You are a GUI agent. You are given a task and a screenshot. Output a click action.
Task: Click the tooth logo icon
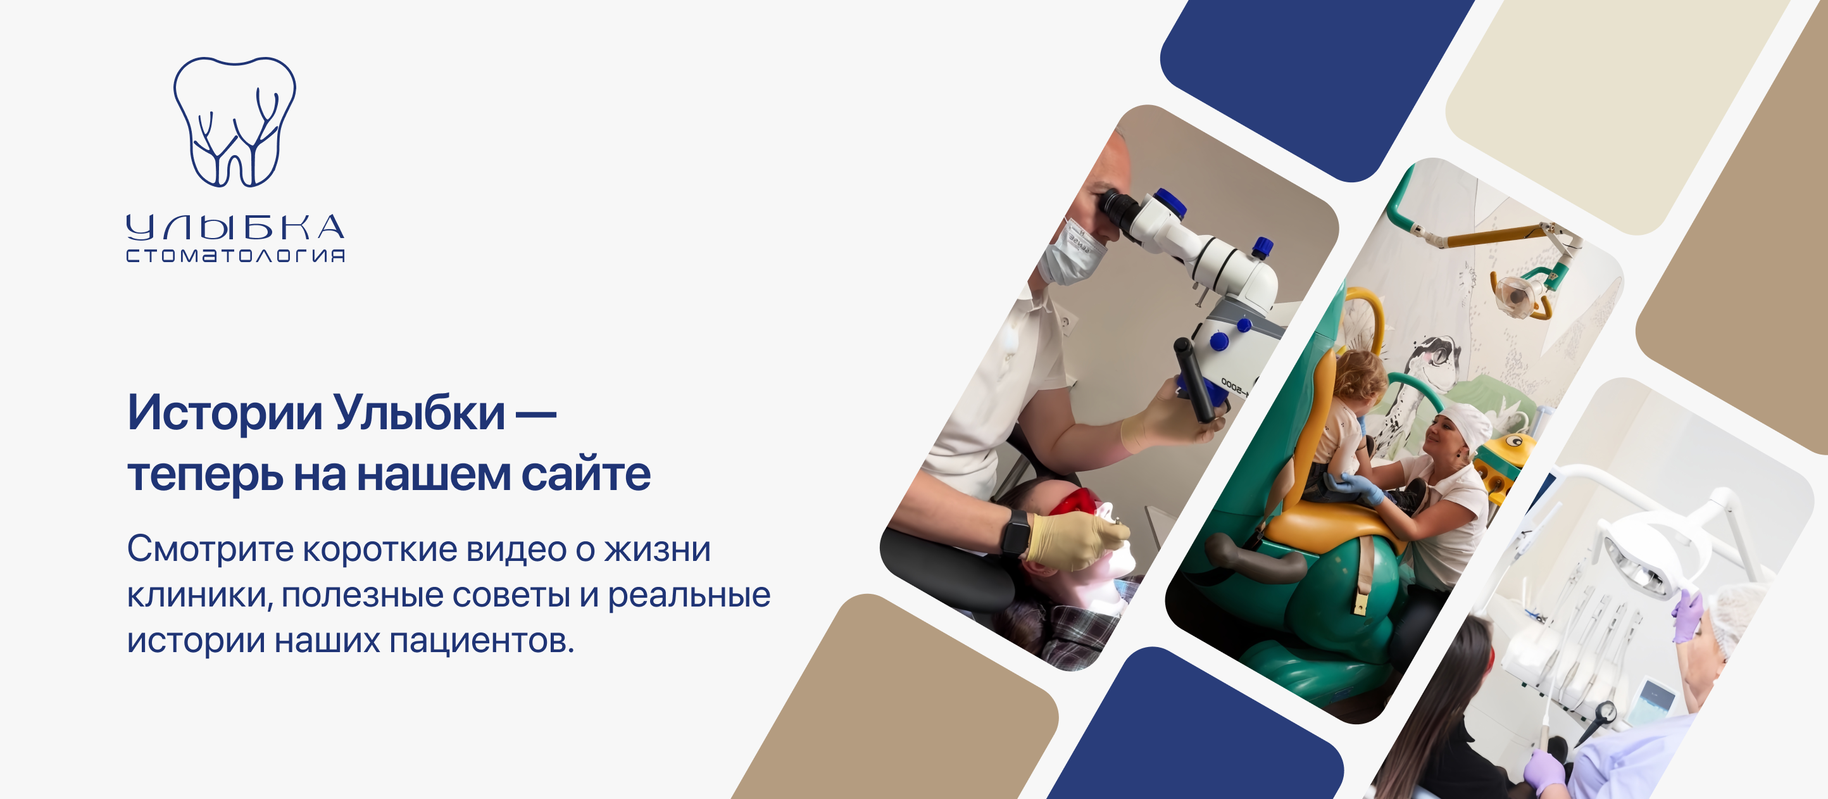[x=235, y=122]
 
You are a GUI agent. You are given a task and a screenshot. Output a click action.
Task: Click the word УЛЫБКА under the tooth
[x=235, y=227]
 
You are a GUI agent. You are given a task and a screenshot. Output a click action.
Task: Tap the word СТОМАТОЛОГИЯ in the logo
[x=235, y=255]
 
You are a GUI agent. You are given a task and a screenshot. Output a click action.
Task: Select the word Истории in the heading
[x=225, y=412]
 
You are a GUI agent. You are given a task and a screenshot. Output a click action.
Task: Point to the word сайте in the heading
[x=585, y=474]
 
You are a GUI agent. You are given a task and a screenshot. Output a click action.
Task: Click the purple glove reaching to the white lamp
[x=1687, y=615]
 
